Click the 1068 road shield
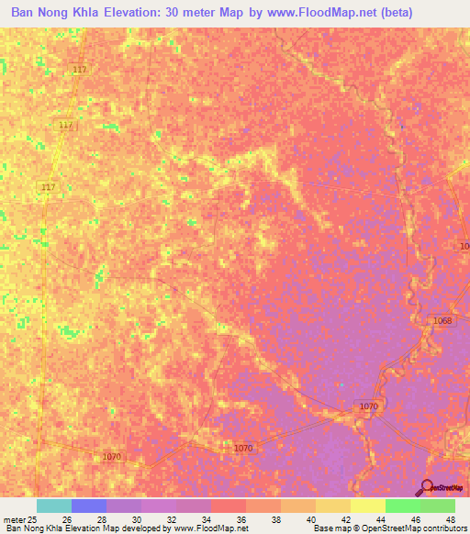442,320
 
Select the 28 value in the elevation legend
103,519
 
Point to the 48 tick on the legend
450,519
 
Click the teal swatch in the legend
53,506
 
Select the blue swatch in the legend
88,506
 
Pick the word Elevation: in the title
126,13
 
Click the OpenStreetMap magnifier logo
425,487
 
